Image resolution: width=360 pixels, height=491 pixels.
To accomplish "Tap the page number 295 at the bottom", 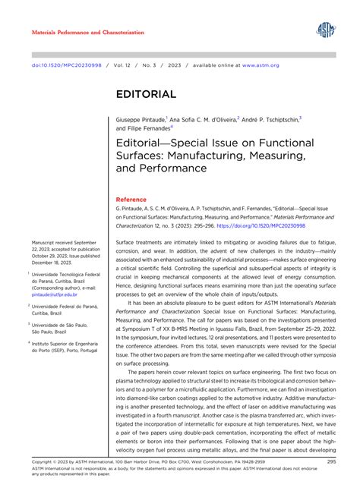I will coord(332,461).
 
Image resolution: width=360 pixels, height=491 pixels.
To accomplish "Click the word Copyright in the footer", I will coord(44,461).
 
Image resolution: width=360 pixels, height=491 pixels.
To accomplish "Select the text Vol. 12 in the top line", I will coord(117,65).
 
